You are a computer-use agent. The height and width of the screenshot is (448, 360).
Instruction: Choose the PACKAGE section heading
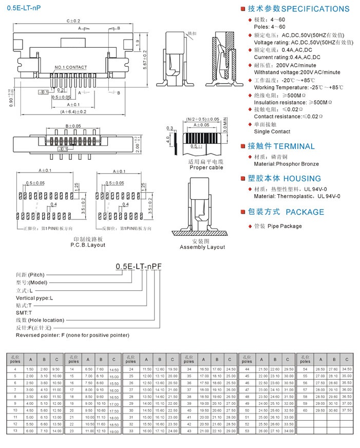click(x=305, y=212)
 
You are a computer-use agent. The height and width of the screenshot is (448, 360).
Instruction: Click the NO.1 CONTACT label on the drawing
click(x=71, y=67)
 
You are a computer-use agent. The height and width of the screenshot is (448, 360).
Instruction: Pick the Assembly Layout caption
click(x=202, y=247)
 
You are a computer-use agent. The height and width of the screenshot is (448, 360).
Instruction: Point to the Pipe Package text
click(x=285, y=226)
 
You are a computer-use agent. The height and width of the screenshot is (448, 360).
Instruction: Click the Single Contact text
click(x=272, y=132)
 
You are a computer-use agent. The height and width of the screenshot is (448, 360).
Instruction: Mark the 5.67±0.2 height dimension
click(x=145, y=60)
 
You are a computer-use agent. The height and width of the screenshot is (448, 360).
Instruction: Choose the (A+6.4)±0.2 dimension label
click(x=73, y=111)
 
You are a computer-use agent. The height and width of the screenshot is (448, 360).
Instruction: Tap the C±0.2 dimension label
click(x=73, y=21)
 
